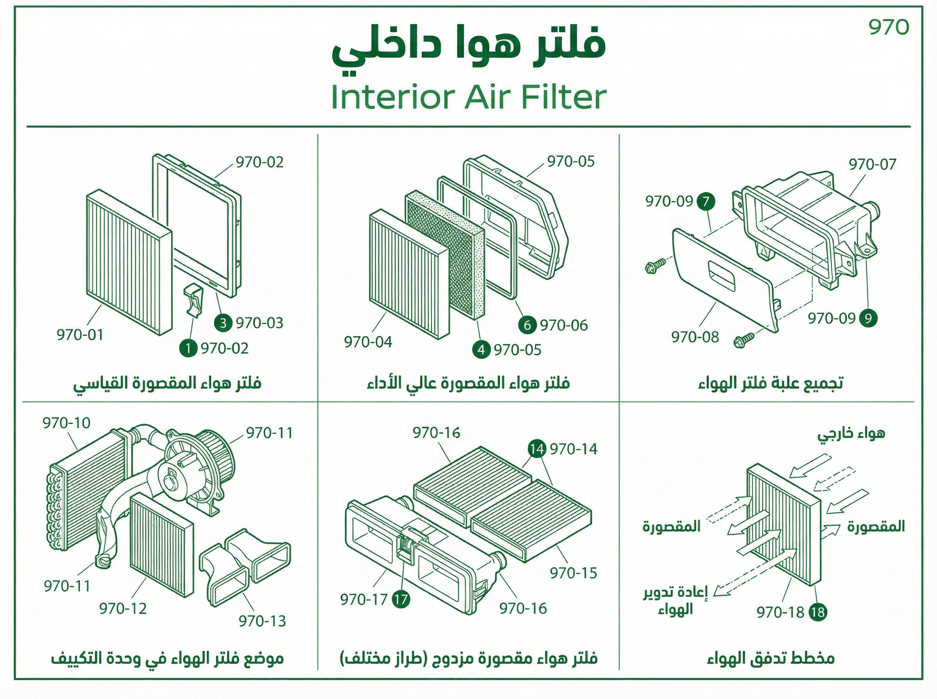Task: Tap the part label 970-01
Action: point(80,335)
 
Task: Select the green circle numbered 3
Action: point(223,323)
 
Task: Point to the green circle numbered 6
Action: point(527,325)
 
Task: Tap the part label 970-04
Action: point(368,342)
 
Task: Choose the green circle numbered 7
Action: point(706,201)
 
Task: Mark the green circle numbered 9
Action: point(868,318)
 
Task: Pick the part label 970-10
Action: point(66,423)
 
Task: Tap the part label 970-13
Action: point(262,621)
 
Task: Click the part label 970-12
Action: point(123,608)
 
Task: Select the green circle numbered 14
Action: point(536,449)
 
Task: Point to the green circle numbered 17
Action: point(401,599)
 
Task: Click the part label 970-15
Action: point(573,573)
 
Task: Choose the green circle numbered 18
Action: point(818,612)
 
